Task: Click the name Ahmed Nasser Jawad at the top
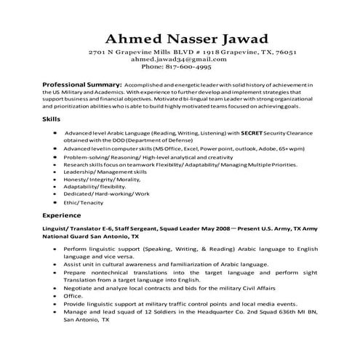click(180, 38)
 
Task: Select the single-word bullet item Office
click(73, 297)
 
